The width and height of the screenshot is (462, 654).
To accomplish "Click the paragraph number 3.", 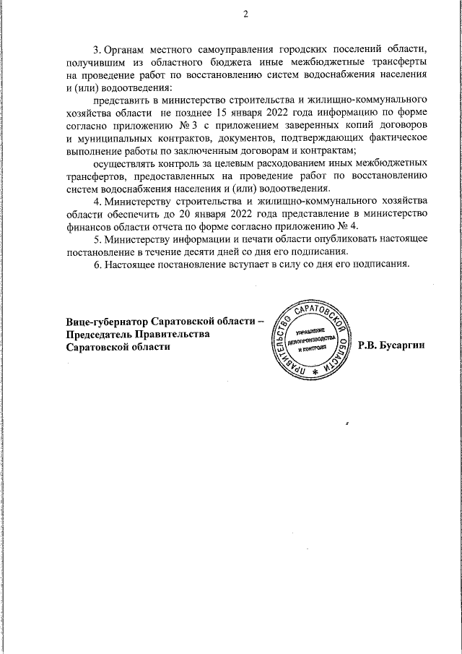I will tap(97, 50).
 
